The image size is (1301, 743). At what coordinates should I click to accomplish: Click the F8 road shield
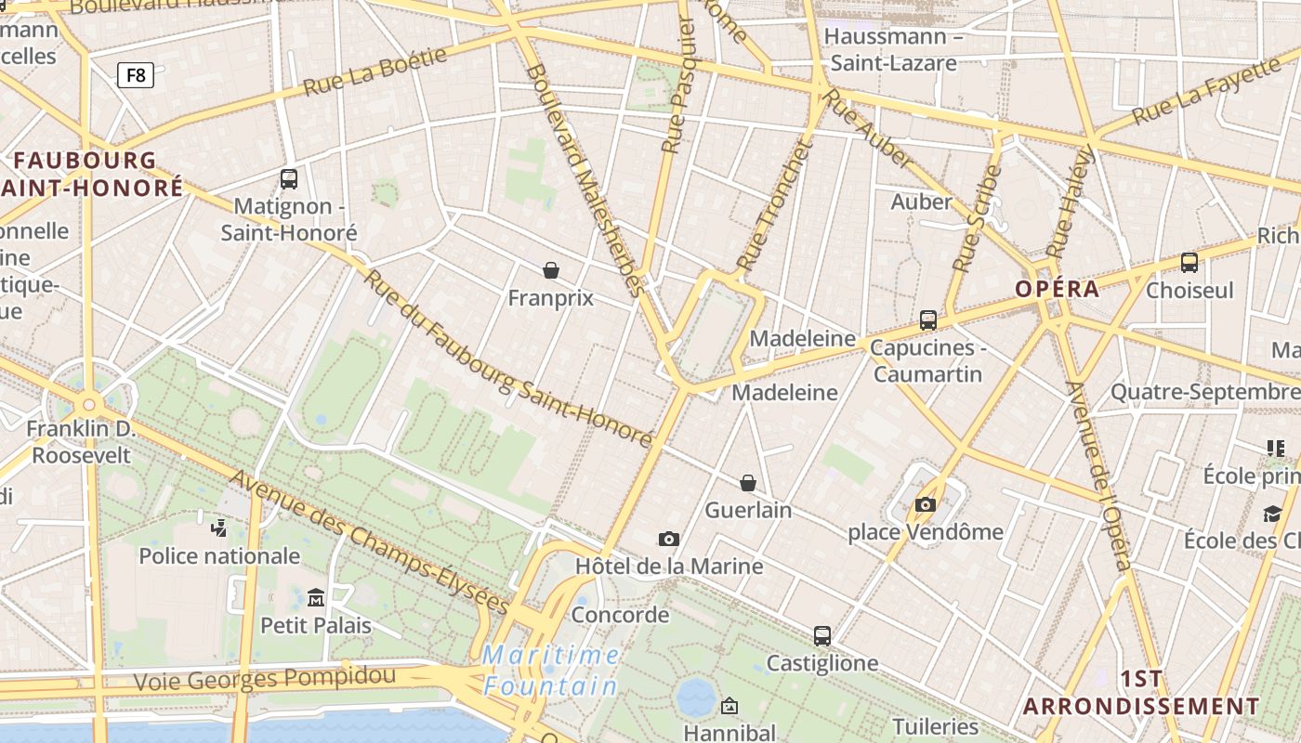point(136,75)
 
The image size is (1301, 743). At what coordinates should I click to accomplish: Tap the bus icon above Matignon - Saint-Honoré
point(289,178)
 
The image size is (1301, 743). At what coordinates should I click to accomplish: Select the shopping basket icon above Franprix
point(551,270)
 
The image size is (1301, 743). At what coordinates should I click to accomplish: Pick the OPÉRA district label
point(1057,289)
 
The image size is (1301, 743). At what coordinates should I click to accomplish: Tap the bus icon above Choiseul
point(1189,263)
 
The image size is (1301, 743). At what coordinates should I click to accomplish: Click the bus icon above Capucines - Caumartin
point(927,320)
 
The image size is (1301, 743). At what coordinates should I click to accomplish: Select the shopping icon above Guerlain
point(748,483)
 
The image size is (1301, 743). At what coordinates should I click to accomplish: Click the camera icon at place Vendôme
point(926,504)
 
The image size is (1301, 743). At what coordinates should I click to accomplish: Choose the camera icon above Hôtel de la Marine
point(668,539)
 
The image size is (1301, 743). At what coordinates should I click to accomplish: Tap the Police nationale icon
point(219,528)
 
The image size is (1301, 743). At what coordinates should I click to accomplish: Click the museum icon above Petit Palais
point(316,597)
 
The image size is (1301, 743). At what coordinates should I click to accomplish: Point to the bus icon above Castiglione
point(822,636)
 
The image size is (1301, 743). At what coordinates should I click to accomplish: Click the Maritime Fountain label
point(551,671)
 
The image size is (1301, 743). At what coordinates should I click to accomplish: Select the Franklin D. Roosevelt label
point(81,442)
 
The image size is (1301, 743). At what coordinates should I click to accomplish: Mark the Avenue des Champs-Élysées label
point(369,541)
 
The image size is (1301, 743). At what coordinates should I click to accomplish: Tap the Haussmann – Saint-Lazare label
point(893,50)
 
